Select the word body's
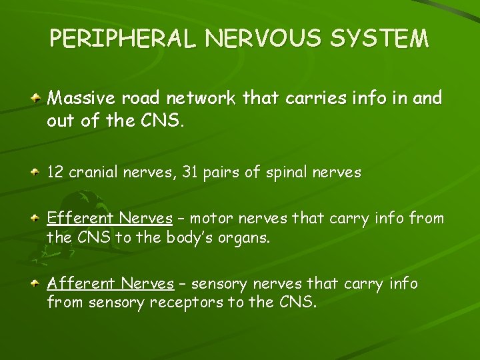(192, 237)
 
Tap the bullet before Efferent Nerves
(38, 218)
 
